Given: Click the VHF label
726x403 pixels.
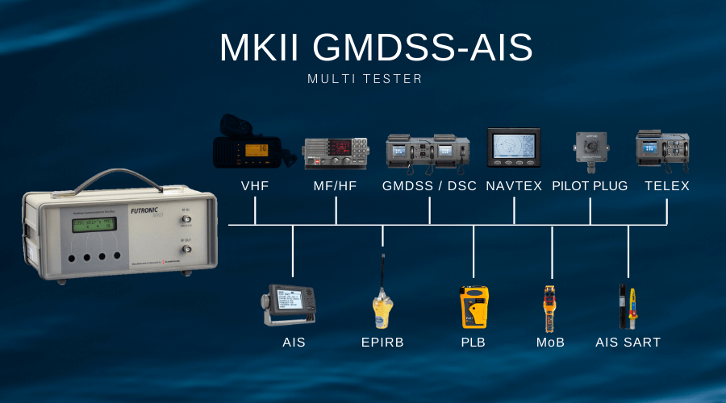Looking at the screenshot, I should click(x=255, y=186).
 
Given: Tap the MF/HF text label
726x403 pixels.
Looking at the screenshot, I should click(x=336, y=186).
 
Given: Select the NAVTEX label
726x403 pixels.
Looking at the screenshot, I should click(x=514, y=186).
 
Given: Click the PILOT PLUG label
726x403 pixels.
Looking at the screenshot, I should click(x=590, y=186).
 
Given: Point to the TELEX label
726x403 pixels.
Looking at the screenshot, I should click(x=667, y=186).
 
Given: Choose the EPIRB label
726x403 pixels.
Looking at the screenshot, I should click(x=382, y=343).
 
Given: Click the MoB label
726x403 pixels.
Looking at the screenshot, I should click(x=551, y=343).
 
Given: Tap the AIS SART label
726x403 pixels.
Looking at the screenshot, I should click(x=628, y=343).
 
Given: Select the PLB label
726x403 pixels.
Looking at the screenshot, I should click(x=473, y=343).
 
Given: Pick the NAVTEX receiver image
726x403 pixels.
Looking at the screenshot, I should click(x=514, y=147).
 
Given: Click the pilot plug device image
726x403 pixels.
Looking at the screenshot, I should click(x=589, y=150).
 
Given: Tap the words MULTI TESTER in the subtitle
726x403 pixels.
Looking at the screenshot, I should click(x=365, y=79).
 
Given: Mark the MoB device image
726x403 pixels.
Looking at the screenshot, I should click(x=550, y=307).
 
